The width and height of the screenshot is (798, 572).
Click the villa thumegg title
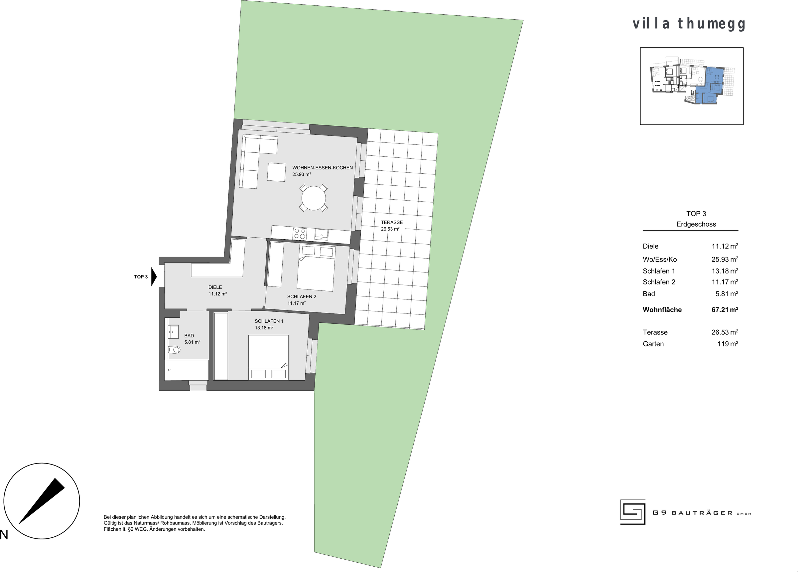click(689, 24)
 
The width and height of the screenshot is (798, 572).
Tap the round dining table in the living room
click(313, 198)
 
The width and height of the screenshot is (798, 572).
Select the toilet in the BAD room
click(175, 350)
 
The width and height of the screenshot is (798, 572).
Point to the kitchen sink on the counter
click(322, 234)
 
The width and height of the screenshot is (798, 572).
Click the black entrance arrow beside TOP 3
click(154, 277)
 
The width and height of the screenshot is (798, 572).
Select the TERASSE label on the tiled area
click(392, 222)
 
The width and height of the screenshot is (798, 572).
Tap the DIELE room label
click(215, 287)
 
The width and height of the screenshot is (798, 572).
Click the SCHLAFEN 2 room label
click(302, 296)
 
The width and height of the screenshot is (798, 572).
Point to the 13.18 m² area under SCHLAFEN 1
click(264, 327)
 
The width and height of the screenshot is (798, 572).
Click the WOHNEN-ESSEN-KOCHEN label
click(322, 168)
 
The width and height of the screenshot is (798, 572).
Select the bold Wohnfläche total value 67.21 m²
click(725, 309)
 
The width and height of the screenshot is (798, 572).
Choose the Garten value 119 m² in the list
click(728, 344)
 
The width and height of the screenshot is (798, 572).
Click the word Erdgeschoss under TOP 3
click(696, 224)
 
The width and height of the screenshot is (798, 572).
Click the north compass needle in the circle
click(42, 500)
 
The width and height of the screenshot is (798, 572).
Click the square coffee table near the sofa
click(276, 172)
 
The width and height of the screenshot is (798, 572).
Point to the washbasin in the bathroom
click(174, 331)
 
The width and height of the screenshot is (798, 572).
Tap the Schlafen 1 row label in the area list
click(659, 271)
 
